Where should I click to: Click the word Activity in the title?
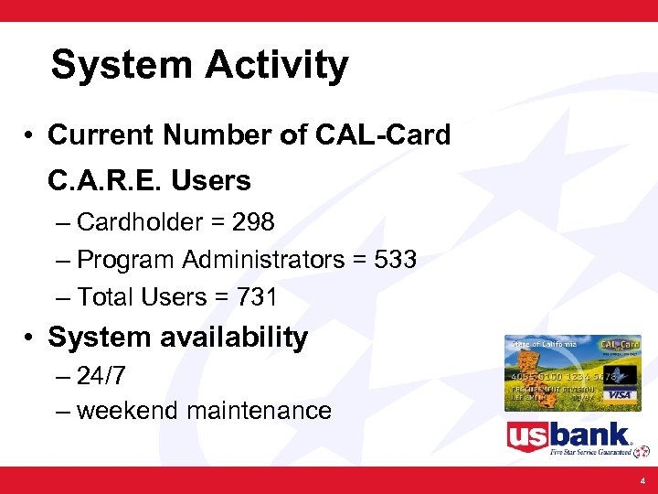(277, 66)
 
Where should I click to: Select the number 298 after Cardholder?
(253, 222)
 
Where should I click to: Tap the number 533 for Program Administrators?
(396, 260)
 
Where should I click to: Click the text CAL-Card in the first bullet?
(383, 135)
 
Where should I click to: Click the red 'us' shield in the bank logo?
(528, 436)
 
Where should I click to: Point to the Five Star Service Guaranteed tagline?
(591, 452)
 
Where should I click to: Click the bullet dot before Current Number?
(30, 136)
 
